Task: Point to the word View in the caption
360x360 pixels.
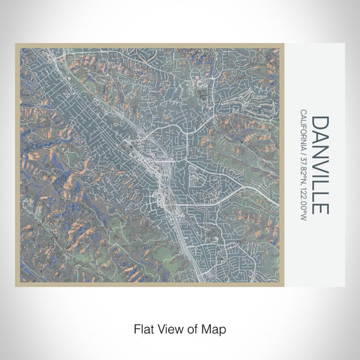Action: (x=170, y=328)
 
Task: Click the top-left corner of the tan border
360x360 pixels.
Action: (x=16, y=45)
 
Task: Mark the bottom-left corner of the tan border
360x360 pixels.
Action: (x=16, y=285)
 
